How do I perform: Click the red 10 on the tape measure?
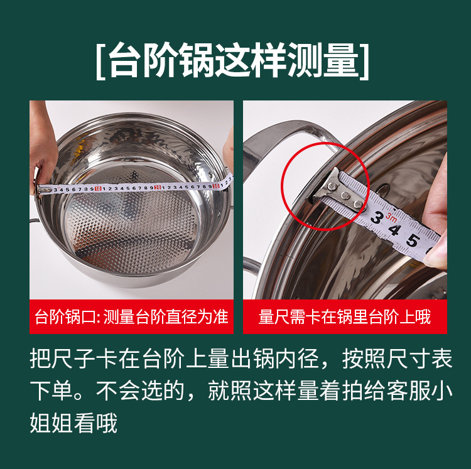98,187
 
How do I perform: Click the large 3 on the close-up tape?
376,218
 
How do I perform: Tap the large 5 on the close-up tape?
413,240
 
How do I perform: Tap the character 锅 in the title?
195,61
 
